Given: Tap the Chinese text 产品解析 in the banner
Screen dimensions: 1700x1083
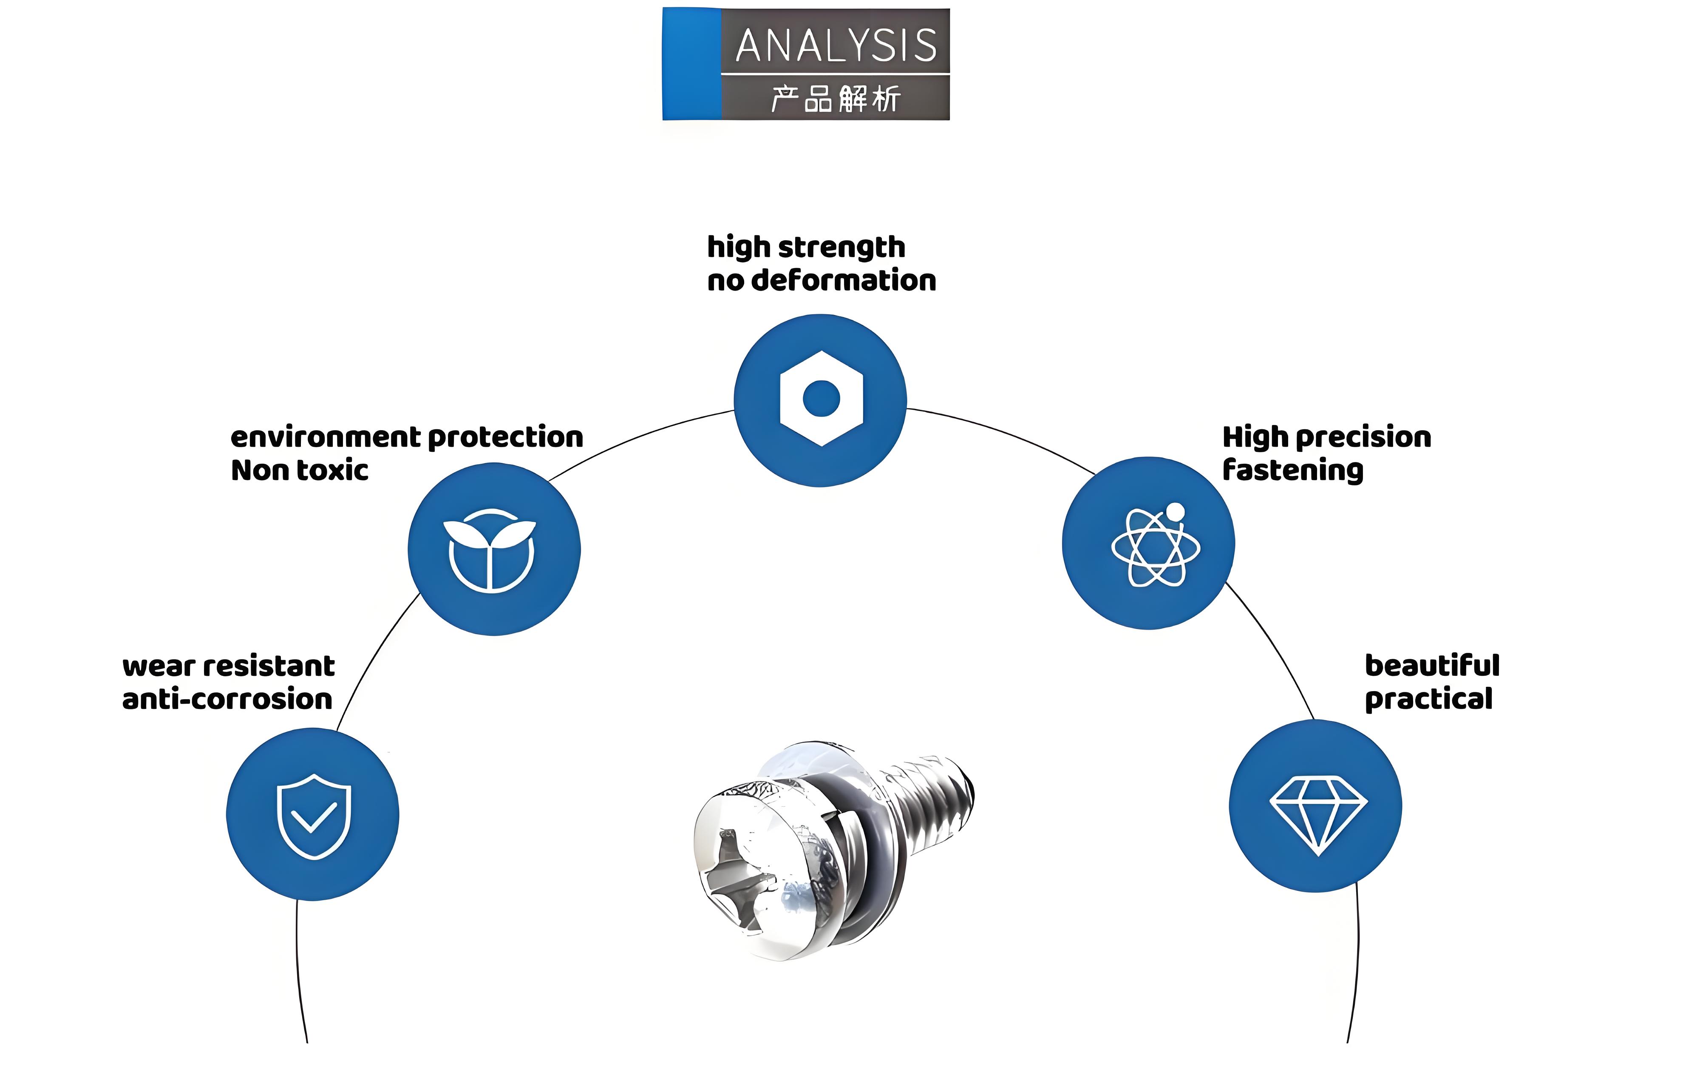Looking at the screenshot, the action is coord(836,98).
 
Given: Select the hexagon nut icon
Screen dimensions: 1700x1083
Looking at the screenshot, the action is coord(821,399).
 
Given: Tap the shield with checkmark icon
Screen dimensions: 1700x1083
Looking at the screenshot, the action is coord(314,816).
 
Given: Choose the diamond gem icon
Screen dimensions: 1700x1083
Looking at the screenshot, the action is coord(1318,815).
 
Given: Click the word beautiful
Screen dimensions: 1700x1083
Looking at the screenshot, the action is coord(1432,665).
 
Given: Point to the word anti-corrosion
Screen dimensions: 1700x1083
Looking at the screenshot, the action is coord(227,699).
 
